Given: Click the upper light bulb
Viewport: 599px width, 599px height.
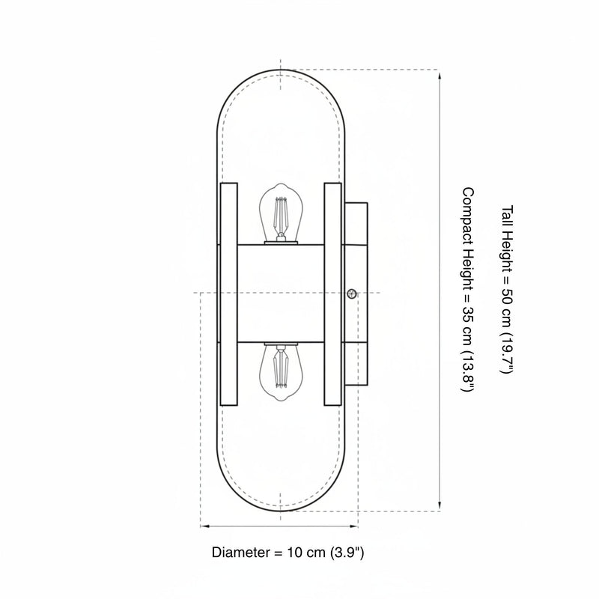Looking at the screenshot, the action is (281, 213).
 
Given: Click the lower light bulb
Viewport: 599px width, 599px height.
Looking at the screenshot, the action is (281, 371).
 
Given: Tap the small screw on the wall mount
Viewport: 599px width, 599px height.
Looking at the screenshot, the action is (352, 294).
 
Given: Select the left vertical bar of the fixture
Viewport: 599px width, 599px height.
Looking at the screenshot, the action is (229, 294).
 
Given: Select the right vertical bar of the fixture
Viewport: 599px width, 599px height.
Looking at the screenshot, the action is (332, 294).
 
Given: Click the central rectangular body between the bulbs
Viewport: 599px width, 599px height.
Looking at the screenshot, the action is (281, 293).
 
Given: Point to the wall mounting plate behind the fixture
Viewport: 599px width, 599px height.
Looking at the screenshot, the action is (356, 294).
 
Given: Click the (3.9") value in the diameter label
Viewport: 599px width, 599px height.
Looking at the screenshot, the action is (347, 553).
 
